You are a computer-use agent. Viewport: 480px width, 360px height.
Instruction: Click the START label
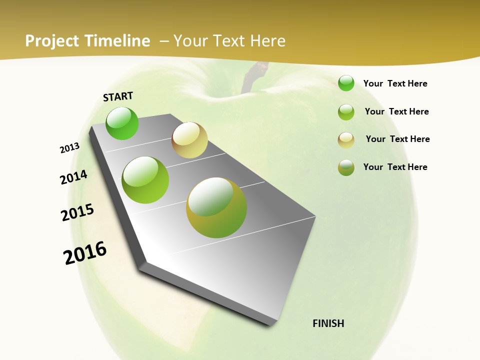[118, 96]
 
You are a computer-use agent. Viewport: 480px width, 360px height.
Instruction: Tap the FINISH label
[328, 323]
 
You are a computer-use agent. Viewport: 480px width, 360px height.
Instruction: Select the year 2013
[69, 148]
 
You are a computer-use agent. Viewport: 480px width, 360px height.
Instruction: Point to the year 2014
[73, 177]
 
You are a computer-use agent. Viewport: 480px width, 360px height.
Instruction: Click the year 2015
[77, 212]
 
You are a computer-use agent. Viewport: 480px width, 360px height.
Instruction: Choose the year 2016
[85, 253]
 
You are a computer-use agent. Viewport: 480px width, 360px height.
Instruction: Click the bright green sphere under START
[122, 123]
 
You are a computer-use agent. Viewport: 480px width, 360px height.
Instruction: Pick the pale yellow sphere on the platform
[189, 140]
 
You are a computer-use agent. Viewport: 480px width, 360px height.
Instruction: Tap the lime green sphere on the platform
[145, 180]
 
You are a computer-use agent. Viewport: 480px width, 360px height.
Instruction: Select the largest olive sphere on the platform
[216, 207]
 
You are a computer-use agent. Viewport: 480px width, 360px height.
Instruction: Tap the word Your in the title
[190, 41]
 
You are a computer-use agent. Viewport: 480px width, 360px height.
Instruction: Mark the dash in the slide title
[164, 41]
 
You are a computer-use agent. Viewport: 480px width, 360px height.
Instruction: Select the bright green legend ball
[346, 83]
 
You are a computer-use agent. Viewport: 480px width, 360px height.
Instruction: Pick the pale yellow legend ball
[346, 140]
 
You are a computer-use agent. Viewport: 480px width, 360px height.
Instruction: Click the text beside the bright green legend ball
[395, 84]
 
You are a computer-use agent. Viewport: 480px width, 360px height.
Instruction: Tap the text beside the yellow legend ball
[397, 139]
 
